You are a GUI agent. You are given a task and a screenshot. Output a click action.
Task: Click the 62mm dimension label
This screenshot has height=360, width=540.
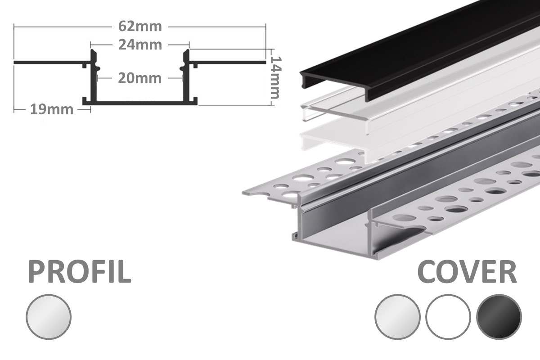(x=140, y=27)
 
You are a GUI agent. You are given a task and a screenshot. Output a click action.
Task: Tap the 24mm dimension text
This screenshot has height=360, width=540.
(x=140, y=45)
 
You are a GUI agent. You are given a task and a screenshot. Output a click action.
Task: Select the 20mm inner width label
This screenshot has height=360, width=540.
(x=139, y=78)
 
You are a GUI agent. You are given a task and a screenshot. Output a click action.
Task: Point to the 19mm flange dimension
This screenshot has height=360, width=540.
(x=52, y=110)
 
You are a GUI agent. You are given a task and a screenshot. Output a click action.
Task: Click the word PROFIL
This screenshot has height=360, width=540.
(x=80, y=272)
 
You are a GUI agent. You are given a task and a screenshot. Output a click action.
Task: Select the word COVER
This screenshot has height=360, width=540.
(x=467, y=272)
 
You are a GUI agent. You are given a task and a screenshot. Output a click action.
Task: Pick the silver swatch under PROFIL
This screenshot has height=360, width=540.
(x=49, y=317)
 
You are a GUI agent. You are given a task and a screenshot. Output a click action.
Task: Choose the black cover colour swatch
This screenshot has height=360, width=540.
(x=499, y=317)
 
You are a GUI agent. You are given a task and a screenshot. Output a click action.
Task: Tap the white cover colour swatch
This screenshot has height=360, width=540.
(x=448, y=317)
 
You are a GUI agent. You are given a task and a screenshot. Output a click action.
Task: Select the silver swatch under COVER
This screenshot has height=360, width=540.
(x=397, y=317)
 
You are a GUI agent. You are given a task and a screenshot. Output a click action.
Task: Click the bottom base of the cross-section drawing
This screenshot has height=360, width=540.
(x=140, y=103)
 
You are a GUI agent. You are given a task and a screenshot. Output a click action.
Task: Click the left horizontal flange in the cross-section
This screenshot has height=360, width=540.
(x=52, y=63)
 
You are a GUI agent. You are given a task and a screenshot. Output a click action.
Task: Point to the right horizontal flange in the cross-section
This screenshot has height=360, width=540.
(x=227, y=63)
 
